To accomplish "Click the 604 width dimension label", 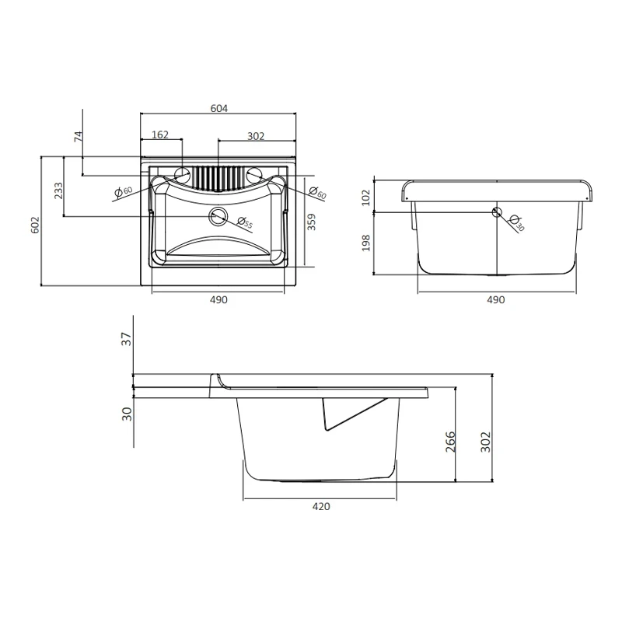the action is tap(219, 108).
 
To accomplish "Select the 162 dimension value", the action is tap(160, 135).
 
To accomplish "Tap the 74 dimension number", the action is tap(79, 137).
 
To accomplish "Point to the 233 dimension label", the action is tap(59, 190).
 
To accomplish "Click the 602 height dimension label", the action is tap(35, 225).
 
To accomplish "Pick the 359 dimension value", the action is tap(312, 222).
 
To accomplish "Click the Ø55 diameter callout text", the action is tap(245, 223).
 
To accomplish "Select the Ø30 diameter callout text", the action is tap(517, 223).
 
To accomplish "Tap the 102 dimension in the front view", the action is tap(365, 197).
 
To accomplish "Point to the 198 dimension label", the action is tap(365, 243).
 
